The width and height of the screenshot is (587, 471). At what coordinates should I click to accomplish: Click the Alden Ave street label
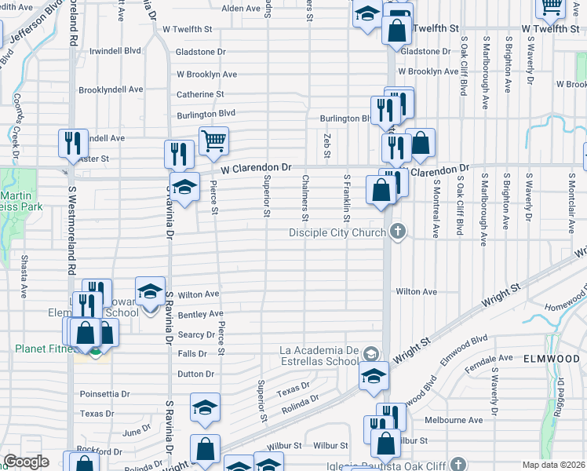(241, 9)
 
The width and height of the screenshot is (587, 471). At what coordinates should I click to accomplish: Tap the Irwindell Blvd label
(115, 50)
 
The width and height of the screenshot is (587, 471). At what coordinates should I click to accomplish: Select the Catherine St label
(200, 94)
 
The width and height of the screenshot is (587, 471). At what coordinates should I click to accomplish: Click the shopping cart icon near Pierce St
(213, 141)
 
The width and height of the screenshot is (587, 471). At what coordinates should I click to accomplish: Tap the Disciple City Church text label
(337, 232)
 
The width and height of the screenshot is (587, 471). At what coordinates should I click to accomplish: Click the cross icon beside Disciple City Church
(399, 232)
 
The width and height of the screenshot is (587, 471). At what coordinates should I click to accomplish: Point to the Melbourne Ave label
(453, 420)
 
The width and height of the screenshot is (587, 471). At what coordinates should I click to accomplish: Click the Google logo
(26, 462)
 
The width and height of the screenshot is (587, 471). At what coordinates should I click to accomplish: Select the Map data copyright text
(553, 465)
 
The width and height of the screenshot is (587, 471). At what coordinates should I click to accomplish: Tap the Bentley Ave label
(200, 314)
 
